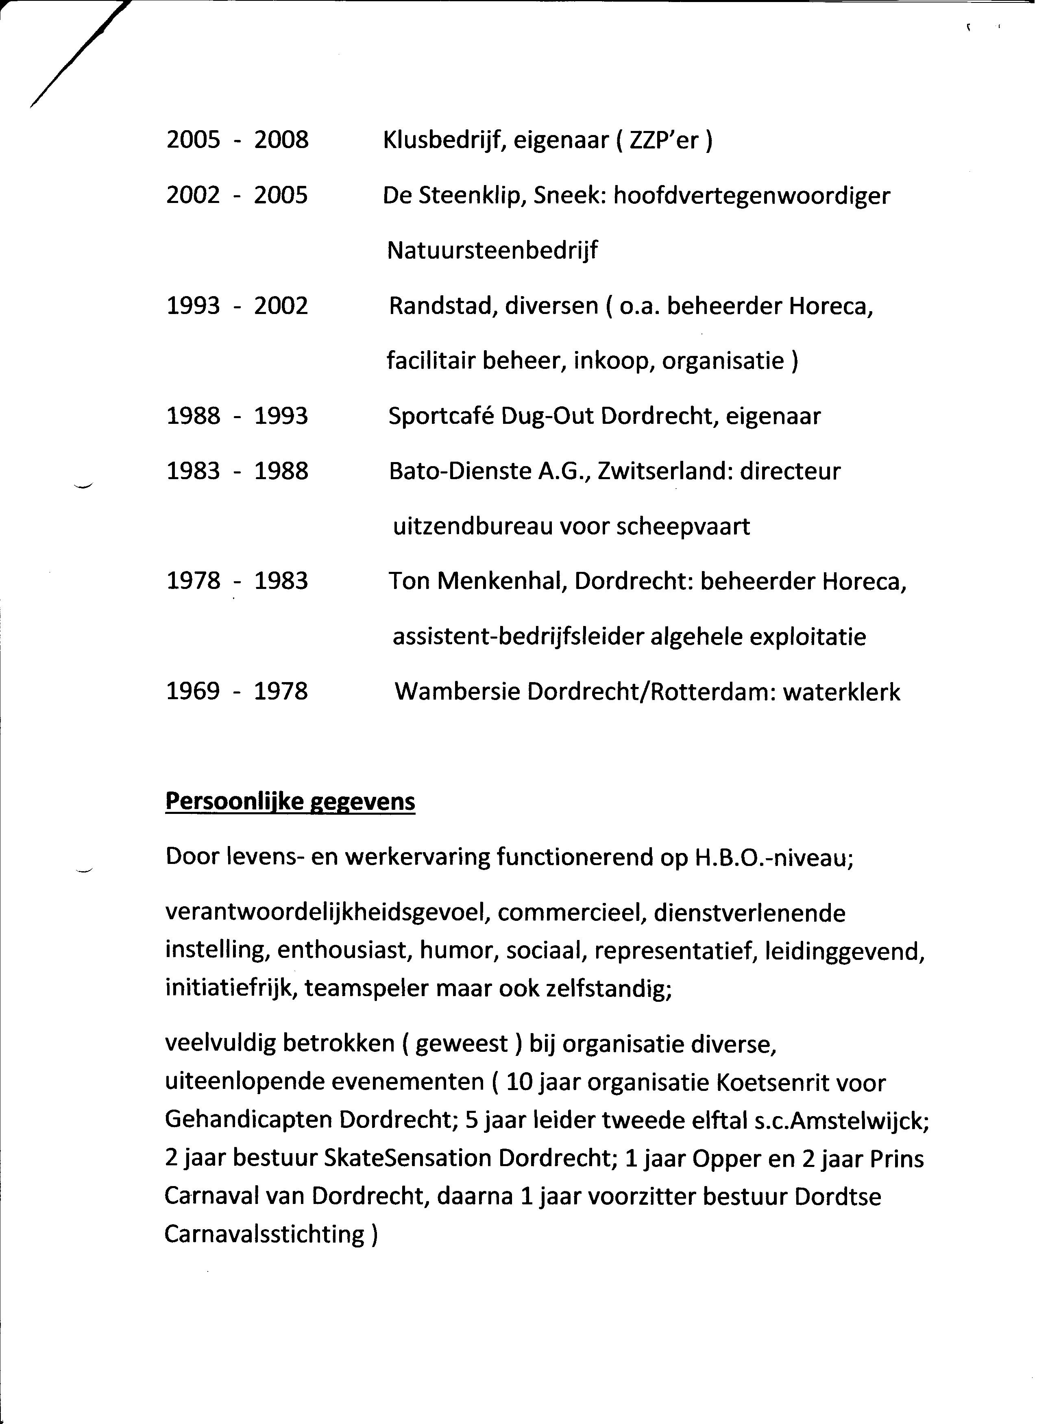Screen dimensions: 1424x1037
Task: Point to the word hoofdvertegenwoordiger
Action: click(752, 196)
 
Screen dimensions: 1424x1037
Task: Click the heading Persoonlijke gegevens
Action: click(290, 802)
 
